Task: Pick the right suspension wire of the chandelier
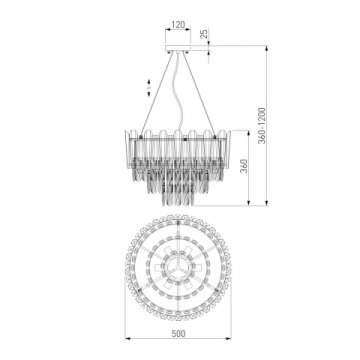point(206,95)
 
